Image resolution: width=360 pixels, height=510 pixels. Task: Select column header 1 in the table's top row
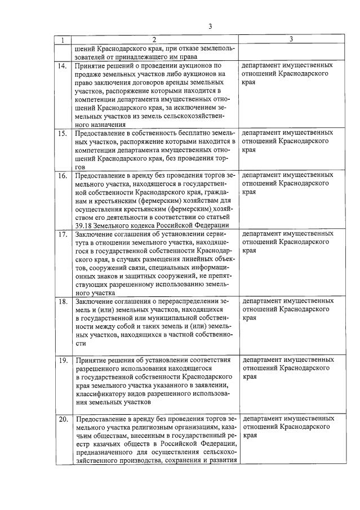click(x=63, y=40)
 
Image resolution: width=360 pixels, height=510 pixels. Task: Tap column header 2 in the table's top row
click(x=154, y=40)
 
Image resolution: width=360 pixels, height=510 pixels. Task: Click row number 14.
click(x=64, y=66)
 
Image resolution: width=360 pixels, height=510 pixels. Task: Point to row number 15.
click(x=64, y=134)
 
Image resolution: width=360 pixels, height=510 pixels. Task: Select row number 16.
click(x=64, y=176)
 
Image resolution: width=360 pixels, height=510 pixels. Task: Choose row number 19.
click(x=64, y=360)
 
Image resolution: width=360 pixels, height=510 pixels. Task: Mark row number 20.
click(x=64, y=419)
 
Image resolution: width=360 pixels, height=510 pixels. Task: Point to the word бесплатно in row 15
click(x=190, y=134)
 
